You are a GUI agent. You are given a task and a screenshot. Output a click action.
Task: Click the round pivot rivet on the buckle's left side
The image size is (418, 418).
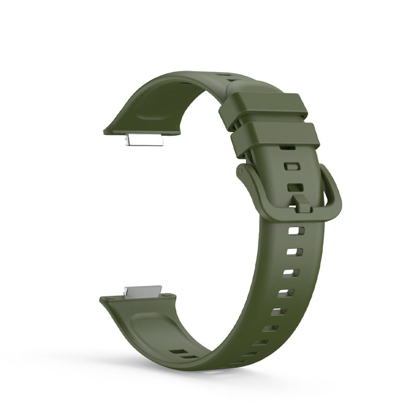coord(241,172)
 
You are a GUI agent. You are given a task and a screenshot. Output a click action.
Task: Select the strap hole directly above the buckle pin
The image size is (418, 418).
coord(295,187)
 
